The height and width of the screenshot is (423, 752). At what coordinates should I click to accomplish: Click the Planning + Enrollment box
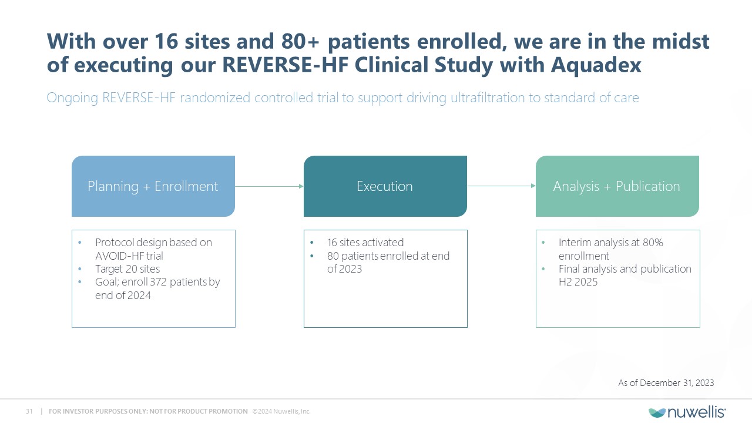coord(153,186)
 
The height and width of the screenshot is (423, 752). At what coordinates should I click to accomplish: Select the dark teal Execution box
coord(385,186)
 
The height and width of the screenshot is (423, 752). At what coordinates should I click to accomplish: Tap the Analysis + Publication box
coord(617,186)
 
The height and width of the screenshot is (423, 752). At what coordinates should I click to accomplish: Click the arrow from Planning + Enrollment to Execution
coord(269,186)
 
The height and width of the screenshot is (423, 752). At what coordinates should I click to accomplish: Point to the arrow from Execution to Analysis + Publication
coord(501,186)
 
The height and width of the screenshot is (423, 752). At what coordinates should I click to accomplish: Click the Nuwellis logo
coord(687,412)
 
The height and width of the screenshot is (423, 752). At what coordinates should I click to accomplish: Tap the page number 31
coord(29,411)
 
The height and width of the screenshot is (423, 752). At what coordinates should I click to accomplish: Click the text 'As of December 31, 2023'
coord(666,382)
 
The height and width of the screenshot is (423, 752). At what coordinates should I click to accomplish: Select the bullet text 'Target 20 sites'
coord(127,269)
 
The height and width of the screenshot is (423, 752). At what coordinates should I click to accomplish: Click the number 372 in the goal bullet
coord(158,282)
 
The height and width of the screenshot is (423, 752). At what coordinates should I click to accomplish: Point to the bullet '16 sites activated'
coord(365,243)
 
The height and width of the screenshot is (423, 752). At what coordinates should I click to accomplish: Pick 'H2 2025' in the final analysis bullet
coord(578,282)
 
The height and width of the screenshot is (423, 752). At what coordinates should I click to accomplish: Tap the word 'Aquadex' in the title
coord(596,65)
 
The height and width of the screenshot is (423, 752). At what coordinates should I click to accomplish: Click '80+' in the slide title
coord(300,41)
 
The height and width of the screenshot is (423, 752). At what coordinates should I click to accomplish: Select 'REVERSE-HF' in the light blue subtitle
coord(139,98)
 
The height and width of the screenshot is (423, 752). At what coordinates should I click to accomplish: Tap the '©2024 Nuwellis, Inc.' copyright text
coord(281,411)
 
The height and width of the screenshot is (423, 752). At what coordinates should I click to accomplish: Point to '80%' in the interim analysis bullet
coord(653,243)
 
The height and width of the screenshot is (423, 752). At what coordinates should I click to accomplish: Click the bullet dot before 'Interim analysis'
coord(543,243)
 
